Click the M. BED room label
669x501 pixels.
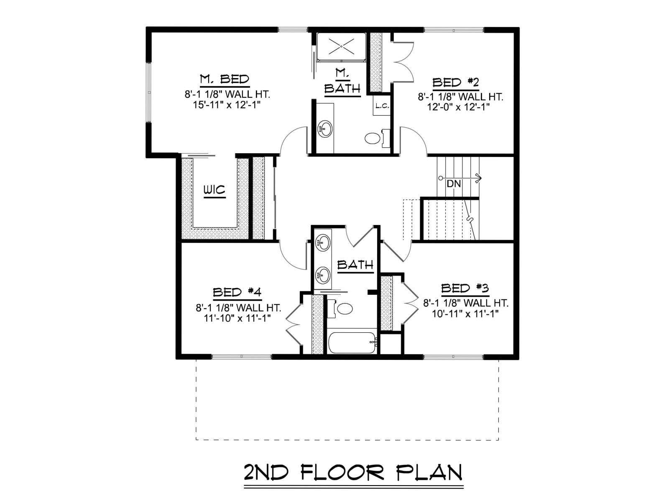(225, 79)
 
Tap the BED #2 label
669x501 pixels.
(456, 82)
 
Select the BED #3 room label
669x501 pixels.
(465, 288)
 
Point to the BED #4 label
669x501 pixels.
(237, 292)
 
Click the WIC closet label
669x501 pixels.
(214, 190)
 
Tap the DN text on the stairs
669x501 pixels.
(454, 184)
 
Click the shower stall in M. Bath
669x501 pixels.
(341, 47)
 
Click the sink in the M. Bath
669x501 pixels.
(325, 129)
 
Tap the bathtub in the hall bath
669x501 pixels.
(353, 342)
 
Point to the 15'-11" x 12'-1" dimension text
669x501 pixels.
(227, 105)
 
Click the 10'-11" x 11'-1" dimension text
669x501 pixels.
(465, 314)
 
